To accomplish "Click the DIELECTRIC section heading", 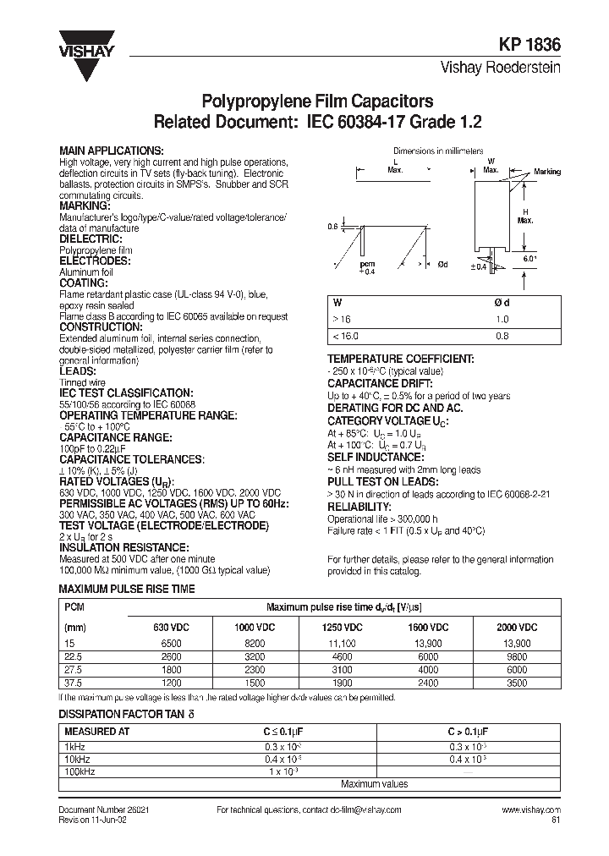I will tap(89, 240).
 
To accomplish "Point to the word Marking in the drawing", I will tap(546, 172).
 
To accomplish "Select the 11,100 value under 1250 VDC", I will tap(343, 645).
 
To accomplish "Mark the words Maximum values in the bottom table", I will tap(375, 784).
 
